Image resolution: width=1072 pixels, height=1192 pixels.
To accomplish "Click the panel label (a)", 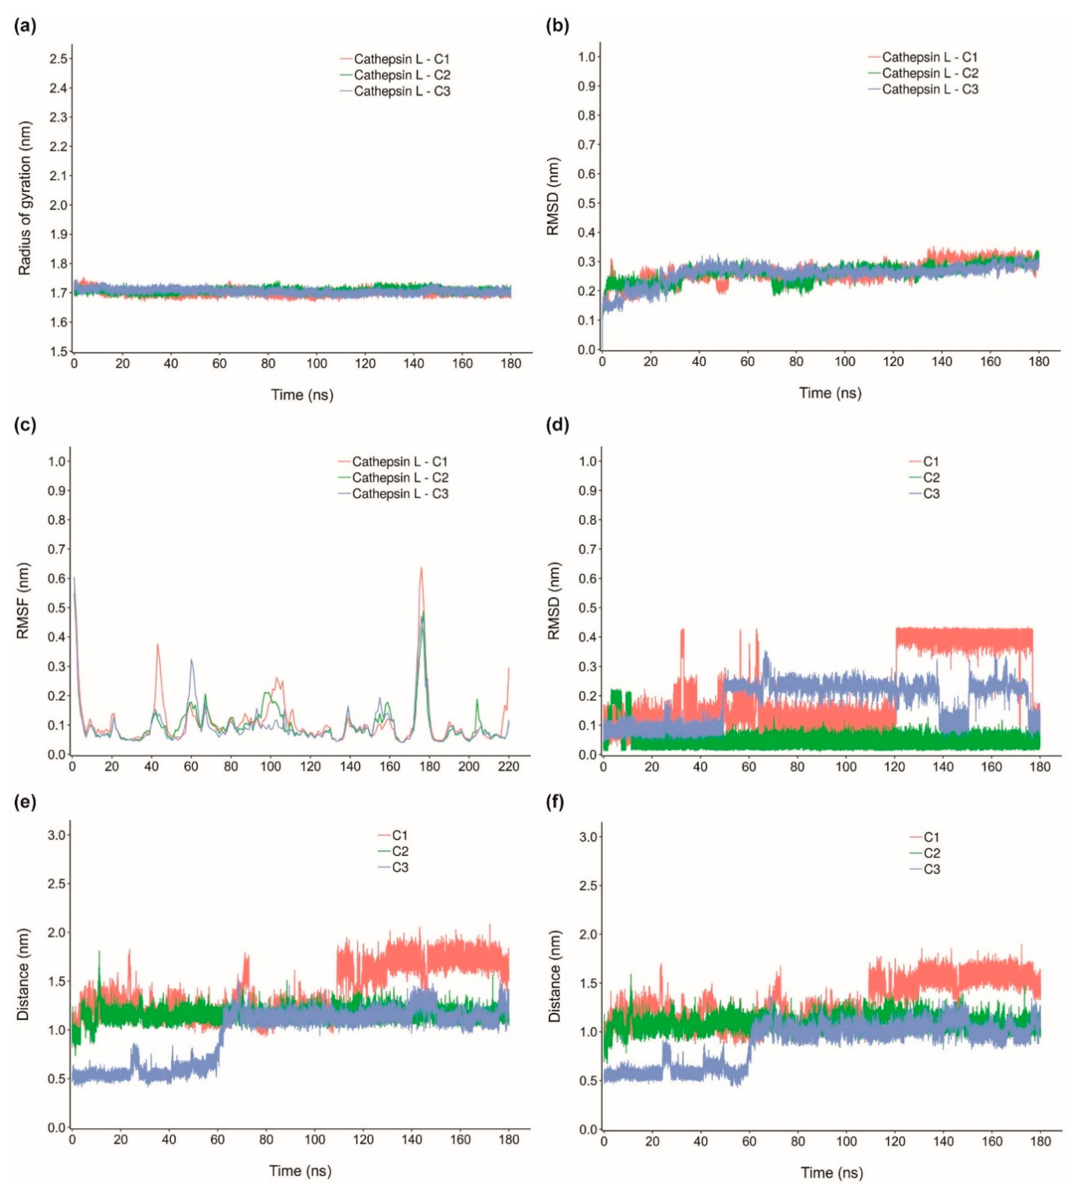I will coord(25,26).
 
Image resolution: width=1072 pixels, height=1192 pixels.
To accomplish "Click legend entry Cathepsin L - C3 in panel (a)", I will coord(402,91).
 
